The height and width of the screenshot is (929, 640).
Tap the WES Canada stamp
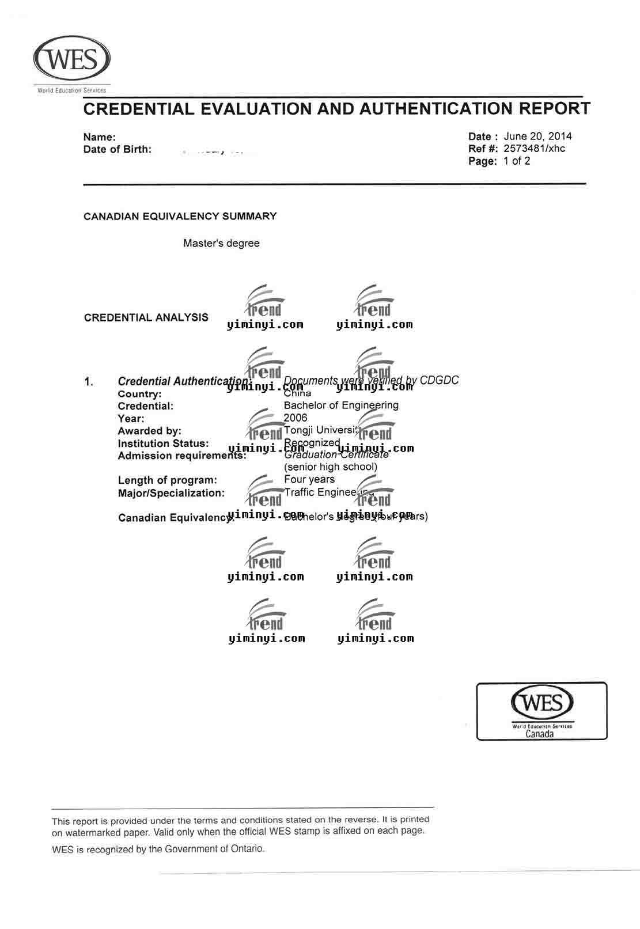[541, 711]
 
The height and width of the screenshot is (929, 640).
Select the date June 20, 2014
[537, 136]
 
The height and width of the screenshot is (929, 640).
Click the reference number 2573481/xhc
[534, 149]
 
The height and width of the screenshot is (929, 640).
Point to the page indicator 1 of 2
[517, 161]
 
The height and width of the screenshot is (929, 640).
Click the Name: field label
[100, 137]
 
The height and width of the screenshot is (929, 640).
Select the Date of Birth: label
[118, 150]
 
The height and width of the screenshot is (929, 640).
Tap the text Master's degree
[221, 243]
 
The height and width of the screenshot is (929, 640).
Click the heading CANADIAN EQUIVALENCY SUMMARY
[180, 217]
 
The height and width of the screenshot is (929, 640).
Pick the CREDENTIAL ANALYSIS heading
[146, 317]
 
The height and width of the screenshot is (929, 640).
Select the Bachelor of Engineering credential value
[341, 405]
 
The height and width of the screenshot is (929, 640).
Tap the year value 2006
[296, 418]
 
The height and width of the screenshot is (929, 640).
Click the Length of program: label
[168, 480]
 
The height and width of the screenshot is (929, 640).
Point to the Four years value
[309, 479]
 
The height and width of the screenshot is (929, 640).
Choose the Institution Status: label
[163, 443]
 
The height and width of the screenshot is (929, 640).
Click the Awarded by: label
[149, 431]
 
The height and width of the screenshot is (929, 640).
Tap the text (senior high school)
[331, 467]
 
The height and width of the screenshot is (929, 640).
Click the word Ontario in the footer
[246, 848]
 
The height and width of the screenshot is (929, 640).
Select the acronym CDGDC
[439, 380]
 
